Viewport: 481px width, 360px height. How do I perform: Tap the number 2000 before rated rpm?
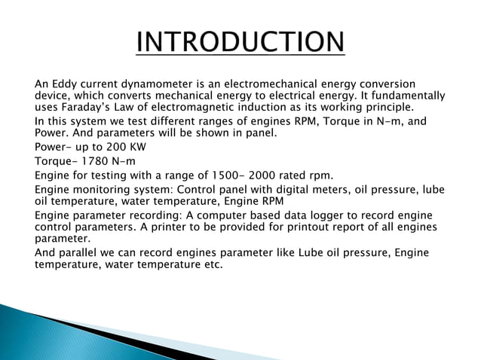(268, 175)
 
